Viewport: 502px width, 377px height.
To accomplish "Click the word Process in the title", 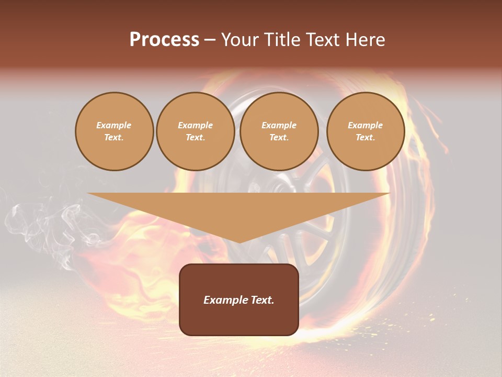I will point(164,40).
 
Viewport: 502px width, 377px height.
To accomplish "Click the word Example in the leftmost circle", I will point(114,125).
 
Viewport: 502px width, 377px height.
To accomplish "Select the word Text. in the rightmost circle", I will point(366,137).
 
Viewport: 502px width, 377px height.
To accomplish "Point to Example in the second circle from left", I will point(196,125).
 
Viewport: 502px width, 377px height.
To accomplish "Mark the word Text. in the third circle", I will point(279,137).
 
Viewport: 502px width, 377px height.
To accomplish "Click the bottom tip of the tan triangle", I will point(239,241).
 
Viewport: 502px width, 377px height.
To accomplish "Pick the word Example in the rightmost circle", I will point(366,125).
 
